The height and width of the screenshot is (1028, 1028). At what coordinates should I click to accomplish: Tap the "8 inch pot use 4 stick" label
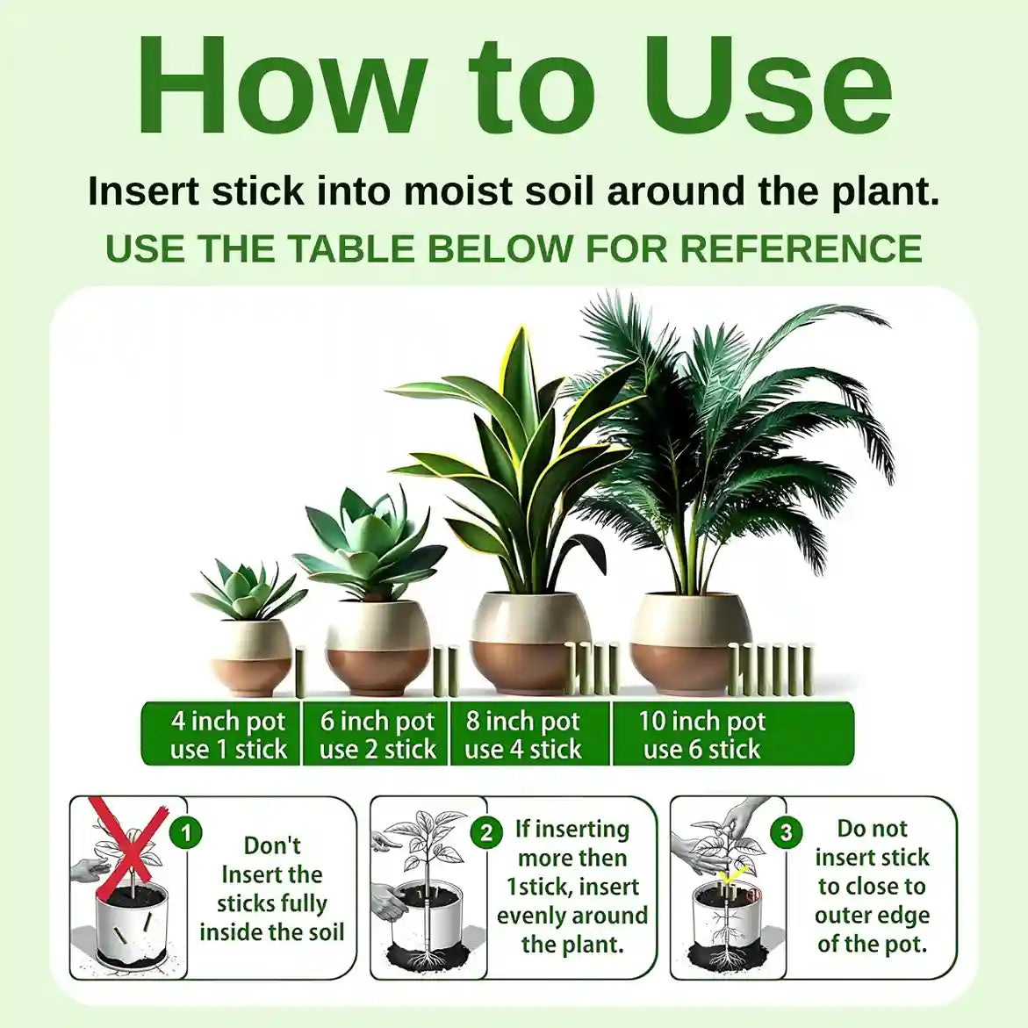point(523,734)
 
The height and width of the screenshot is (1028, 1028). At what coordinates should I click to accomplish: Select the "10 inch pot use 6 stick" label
point(701,734)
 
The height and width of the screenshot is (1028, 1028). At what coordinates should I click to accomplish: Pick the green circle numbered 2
point(486,832)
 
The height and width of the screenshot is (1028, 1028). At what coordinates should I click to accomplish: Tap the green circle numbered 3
point(786,832)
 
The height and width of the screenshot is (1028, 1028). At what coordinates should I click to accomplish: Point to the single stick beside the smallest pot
point(301,672)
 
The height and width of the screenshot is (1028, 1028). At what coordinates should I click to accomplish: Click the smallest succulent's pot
point(251,658)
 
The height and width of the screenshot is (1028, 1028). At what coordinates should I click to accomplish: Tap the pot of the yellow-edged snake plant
point(535,643)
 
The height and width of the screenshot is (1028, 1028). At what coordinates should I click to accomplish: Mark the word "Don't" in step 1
point(272,845)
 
